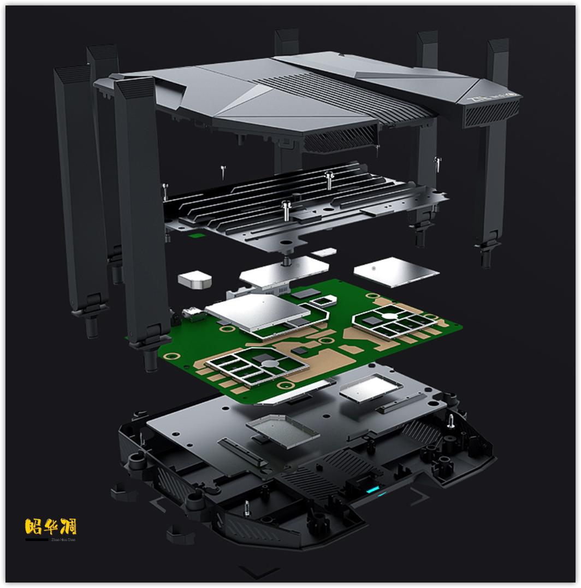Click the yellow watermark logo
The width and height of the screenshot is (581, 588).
pyautogui.click(x=51, y=527)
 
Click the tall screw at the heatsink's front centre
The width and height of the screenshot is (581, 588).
pyautogui.click(x=285, y=209)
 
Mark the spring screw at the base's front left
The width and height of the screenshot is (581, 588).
pyautogui.click(x=246, y=508)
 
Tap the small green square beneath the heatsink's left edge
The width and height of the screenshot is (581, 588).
pyautogui.click(x=197, y=236)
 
